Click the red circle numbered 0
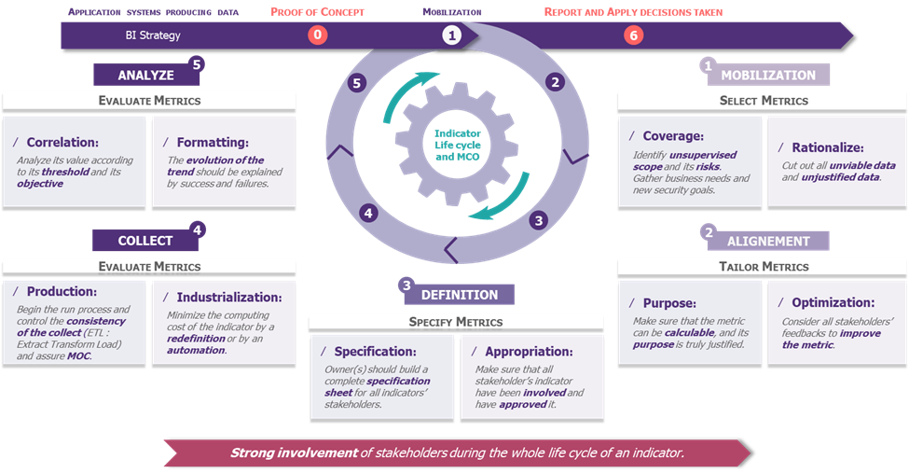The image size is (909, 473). [x=317, y=35]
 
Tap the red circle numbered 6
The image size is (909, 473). [x=634, y=35]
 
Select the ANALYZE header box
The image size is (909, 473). [x=146, y=75]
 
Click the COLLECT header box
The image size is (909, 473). [x=145, y=241]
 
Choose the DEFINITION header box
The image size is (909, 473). [x=459, y=294]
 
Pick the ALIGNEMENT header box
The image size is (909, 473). [x=768, y=241]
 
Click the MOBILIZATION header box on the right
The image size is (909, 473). [x=768, y=75]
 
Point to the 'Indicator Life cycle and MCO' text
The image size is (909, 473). [x=458, y=146]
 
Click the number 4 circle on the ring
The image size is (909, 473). [x=368, y=213]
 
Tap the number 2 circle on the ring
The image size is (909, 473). [x=556, y=82]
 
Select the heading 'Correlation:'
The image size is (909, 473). [x=62, y=142]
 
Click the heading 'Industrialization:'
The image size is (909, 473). [x=229, y=298]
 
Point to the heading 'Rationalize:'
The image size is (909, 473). [x=828, y=147]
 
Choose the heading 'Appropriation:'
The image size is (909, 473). [x=529, y=351]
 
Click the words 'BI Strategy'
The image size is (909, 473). [x=153, y=35]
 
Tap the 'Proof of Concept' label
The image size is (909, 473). [x=318, y=12]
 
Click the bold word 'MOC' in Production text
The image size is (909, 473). [x=79, y=355]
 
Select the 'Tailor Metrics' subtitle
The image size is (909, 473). [x=764, y=267]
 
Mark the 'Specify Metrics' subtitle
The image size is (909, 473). [x=456, y=322]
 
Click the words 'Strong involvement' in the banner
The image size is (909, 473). [x=294, y=452]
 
